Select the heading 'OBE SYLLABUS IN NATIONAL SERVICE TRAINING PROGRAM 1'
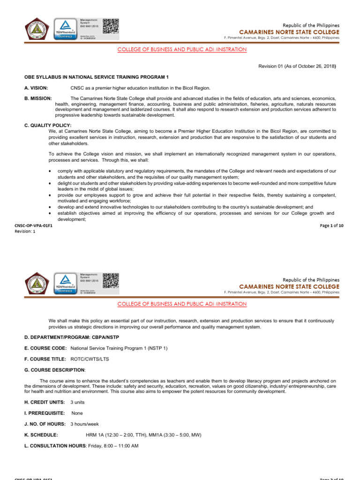point(96,77)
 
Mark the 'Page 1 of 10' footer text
point(332,225)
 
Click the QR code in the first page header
point(111,27)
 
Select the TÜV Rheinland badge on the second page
point(66,283)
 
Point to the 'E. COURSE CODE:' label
point(45,348)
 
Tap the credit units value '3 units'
point(78,403)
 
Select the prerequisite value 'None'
point(77,413)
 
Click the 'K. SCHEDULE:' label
point(41,435)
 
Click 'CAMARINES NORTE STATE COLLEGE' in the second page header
point(289,286)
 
